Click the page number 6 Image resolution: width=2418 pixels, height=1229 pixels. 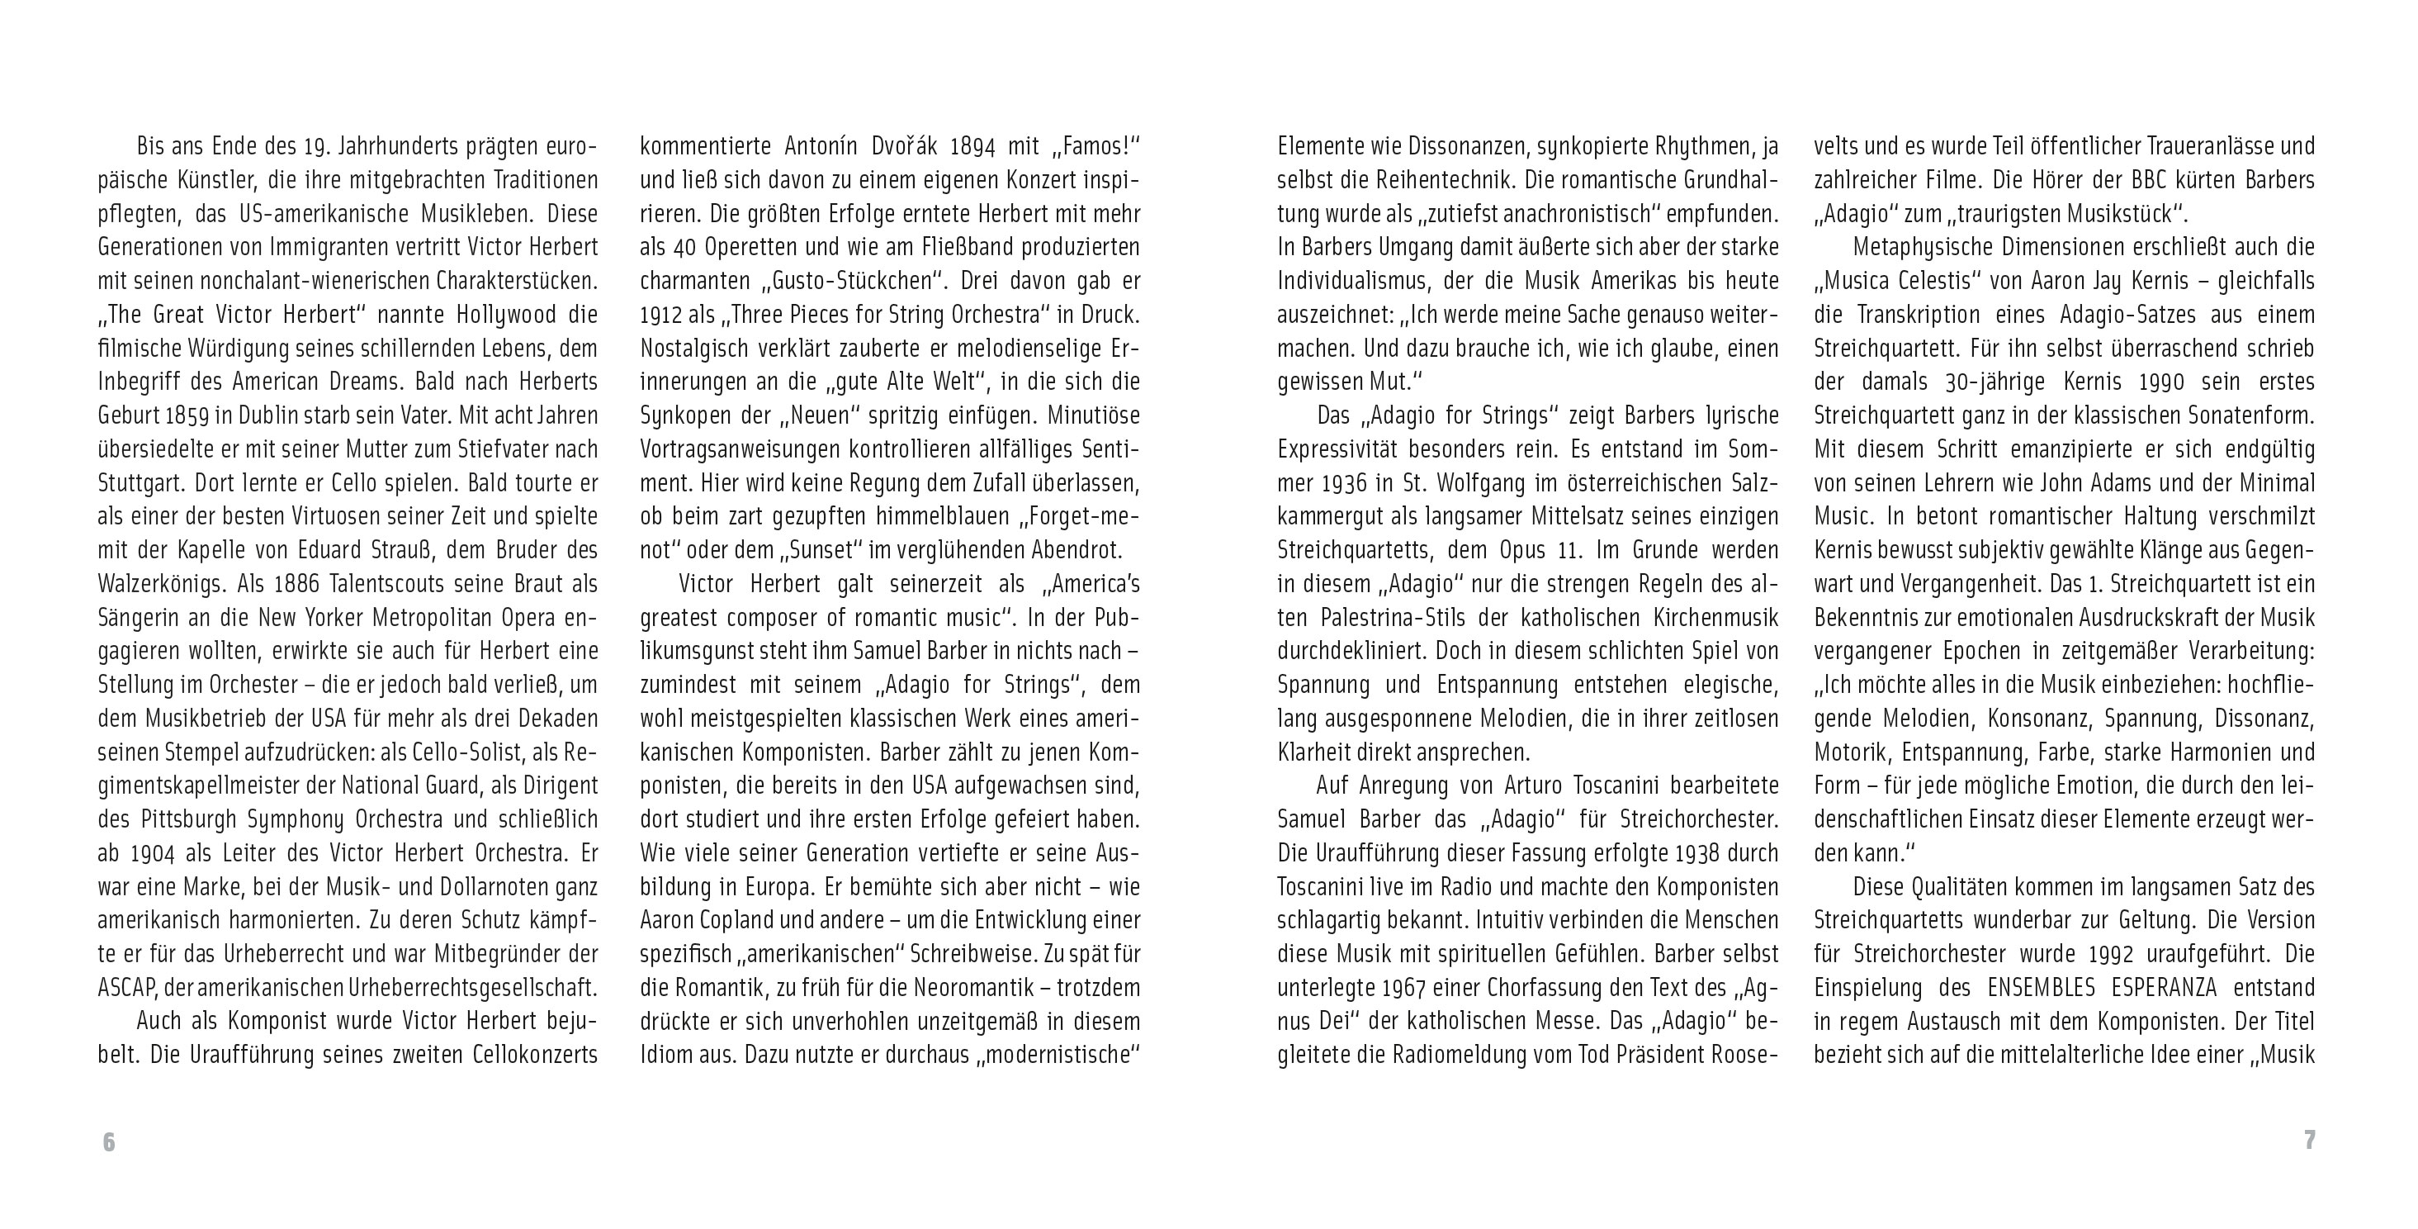[109, 1141]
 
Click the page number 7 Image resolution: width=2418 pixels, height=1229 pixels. [2309, 1140]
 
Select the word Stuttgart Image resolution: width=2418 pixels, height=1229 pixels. [142, 482]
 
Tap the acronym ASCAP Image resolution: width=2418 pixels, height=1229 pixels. [125, 988]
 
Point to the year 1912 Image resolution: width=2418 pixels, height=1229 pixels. [664, 315]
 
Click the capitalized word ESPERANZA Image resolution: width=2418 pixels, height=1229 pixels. [2150, 988]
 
